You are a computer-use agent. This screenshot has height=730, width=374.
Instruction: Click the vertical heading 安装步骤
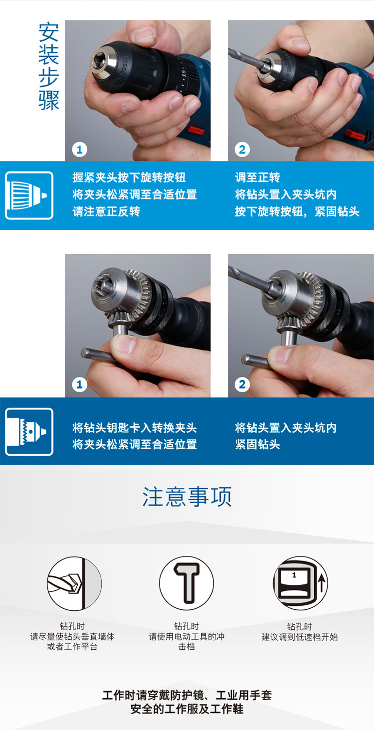point(49,66)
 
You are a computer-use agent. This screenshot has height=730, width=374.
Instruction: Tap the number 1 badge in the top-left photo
point(79,150)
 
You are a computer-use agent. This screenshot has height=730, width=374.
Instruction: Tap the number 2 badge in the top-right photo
point(242,150)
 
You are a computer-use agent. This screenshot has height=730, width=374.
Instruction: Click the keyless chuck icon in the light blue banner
point(29,195)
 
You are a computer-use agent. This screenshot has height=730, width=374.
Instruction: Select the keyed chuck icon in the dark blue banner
point(29,431)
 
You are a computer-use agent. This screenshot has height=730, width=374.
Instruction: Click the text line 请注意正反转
point(106,211)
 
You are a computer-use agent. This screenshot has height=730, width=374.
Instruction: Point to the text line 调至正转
point(257,178)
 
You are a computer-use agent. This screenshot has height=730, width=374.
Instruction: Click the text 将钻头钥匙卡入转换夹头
point(135,427)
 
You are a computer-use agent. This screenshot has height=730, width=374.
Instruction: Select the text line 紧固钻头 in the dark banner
point(257,444)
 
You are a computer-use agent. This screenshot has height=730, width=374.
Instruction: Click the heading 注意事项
point(187,497)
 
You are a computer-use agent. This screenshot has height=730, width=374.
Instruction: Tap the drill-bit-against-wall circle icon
point(74,583)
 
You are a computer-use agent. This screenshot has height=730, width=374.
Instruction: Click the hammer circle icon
point(187,583)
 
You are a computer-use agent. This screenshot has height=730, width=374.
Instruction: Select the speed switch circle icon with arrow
point(300,583)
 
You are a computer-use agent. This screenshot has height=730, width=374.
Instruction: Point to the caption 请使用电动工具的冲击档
point(187,641)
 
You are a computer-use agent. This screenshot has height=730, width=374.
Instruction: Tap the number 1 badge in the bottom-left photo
point(79,384)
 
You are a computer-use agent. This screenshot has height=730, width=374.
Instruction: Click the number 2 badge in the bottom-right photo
point(242,384)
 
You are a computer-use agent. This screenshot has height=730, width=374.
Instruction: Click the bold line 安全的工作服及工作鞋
point(187,709)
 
